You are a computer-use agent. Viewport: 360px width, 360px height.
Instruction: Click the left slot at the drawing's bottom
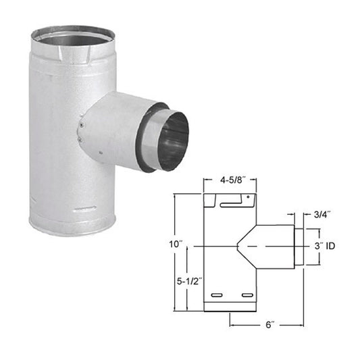coord(217,296)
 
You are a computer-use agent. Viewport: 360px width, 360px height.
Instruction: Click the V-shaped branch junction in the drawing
coord(241,247)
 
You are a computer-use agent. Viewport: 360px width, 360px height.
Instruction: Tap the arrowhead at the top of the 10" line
coord(175,196)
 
